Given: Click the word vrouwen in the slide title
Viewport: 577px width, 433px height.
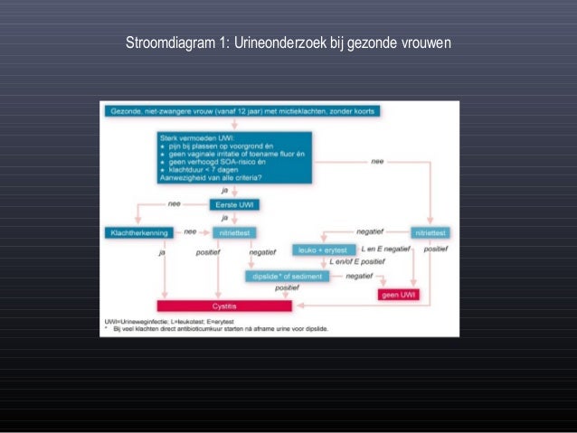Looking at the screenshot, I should pyautogui.click(x=421, y=42).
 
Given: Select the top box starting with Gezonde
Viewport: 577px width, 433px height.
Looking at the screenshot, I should pyautogui.click(x=243, y=111).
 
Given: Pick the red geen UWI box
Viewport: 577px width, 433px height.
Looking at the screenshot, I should pyautogui.click(x=398, y=294).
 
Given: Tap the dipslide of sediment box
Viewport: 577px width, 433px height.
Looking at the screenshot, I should pyautogui.click(x=286, y=276).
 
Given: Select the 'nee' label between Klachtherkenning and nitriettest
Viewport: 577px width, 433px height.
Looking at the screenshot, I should pyautogui.click(x=189, y=231).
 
